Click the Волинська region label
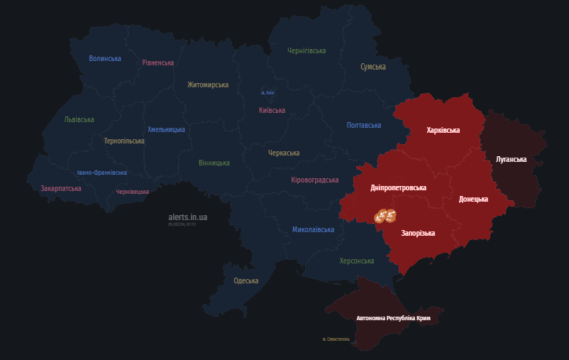[x=105, y=59]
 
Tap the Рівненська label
[x=158, y=62]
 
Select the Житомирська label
[x=208, y=84]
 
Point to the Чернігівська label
[x=306, y=51]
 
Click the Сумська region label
[x=373, y=67]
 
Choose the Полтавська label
[x=364, y=125]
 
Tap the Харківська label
[x=443, y=131]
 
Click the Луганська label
[x=511, y=159]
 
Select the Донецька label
[x=473, y=199]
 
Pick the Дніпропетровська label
[x=398, y=188]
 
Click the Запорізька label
[x=418, y=233]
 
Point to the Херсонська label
[x=356, y=261]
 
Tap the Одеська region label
[x=246, y=280]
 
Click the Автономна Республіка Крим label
[x=393, y=318]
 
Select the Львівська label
[x=79, y=119]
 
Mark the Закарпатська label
[x=61, y=188]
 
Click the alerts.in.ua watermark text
[x=188, y=217]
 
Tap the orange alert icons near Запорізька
[x=385, y=215]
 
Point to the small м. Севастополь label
[x=336, y=339]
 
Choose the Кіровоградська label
[x=314, y=180]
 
